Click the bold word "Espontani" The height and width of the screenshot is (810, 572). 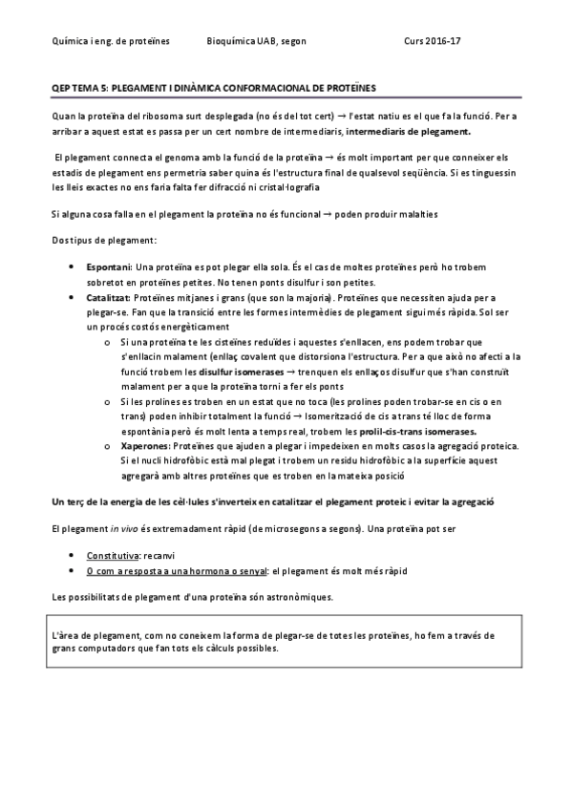[109, 268]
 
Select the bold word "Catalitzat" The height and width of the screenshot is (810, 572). [110, 297]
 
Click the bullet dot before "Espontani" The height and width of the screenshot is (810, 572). [75, 268]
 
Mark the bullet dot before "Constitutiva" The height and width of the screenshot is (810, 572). [75, 555]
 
